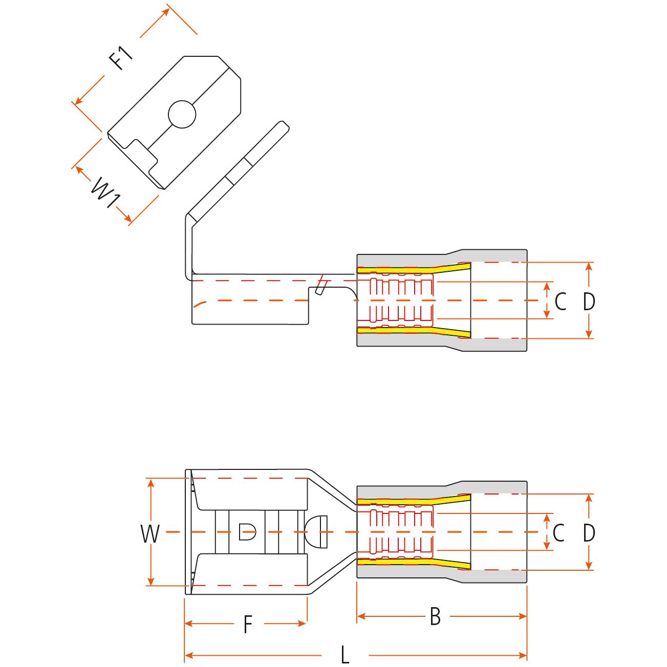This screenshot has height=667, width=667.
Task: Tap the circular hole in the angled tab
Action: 182,114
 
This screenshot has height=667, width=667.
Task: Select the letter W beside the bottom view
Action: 150,534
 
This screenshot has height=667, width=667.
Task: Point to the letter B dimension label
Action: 435,616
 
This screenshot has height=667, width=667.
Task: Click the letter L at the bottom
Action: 345,655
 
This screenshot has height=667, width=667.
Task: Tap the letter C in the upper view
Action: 561,301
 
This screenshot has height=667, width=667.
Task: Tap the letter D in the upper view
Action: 589,301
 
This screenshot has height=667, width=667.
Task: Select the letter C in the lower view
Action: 558,533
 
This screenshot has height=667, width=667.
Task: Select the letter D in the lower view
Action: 589,533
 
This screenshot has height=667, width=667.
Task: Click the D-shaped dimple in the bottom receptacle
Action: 247,532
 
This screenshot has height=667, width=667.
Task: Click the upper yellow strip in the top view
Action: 414,268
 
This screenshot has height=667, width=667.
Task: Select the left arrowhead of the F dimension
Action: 189,624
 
